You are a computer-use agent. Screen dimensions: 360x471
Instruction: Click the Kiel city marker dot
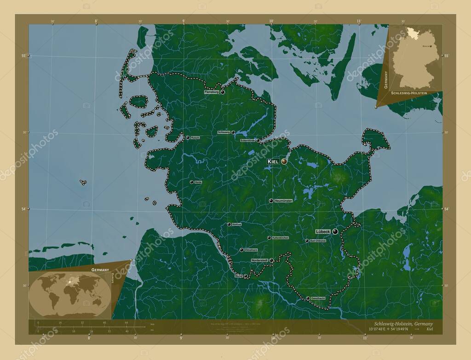point(284,161)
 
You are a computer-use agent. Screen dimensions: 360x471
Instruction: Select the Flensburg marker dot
point(223,92)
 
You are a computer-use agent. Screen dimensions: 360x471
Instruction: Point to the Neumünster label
point(283,201)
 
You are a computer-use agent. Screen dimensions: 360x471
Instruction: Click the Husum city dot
point(188,137)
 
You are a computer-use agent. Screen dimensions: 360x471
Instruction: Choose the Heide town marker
point(191,182)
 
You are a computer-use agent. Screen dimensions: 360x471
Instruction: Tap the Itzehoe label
point(237,224)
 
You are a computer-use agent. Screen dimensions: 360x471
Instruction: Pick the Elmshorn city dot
point(241,250)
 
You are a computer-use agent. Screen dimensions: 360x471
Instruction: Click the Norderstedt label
point(259,260)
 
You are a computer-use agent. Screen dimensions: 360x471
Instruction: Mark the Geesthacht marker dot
point(308,298)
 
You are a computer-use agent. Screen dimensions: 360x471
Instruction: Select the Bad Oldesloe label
point(318,241)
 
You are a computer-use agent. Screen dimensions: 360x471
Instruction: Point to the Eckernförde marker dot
point(258,140)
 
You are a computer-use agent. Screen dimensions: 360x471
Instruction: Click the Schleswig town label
point(224,132)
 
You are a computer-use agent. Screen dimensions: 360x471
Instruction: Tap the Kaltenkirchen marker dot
point(269,238)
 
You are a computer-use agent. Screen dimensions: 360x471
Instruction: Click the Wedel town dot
point(246,276)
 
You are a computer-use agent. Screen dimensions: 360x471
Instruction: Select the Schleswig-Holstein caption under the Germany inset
point(409,93)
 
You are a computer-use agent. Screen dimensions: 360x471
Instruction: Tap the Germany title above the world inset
point(100,269)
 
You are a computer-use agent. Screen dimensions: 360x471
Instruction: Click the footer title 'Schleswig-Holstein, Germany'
point(400,324)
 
